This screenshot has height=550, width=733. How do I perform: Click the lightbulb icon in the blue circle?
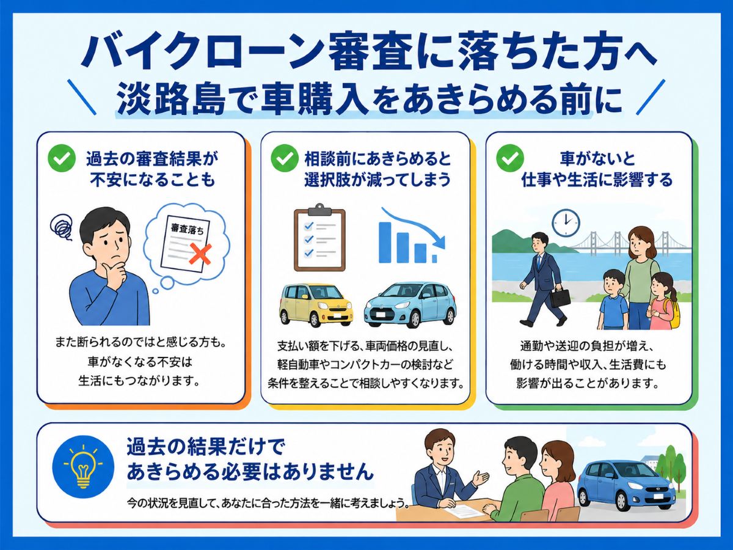coord(84,466)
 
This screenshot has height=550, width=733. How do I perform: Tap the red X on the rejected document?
coord(200,254)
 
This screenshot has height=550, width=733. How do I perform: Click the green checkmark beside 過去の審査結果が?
coord(62,158)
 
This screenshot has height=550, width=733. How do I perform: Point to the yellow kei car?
coord(316,304)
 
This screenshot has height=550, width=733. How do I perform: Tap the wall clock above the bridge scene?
coord(566,222)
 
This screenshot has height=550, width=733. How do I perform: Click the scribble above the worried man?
coord(61,227)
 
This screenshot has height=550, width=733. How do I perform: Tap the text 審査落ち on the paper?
coord(187,229)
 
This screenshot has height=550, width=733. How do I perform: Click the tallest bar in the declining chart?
coord(385,243)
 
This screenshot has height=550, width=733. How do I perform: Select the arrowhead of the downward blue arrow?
coord(440,241)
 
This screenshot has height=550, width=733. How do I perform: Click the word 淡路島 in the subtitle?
coord(171,99)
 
